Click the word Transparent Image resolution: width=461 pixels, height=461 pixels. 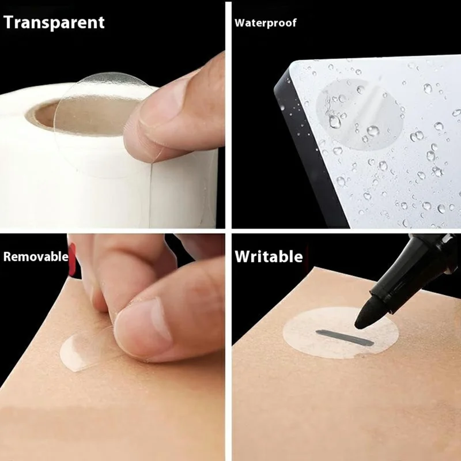pos(54,22)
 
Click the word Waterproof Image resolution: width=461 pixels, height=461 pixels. pos(265,23)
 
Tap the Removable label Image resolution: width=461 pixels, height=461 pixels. pos(36,256)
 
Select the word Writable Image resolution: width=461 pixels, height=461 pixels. pos(268,256)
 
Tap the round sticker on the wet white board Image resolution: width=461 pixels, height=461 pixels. pos(352,112)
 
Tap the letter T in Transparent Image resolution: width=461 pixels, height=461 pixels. pos(9,22)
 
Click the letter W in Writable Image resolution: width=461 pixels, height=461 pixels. pos(242,256)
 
